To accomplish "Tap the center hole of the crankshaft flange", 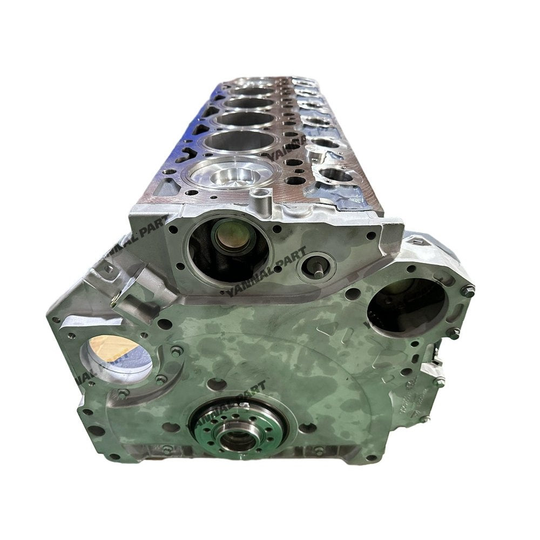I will tap(238, 440).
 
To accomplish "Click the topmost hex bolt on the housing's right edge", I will tap(468, 292).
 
